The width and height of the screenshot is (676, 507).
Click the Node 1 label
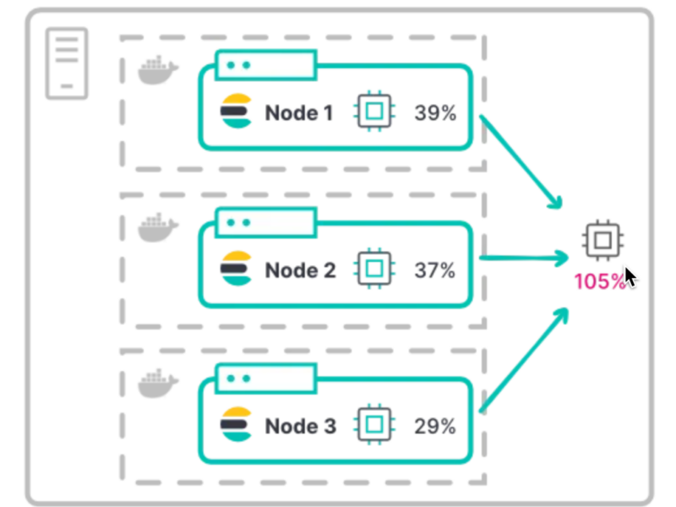click(x=299, y=112)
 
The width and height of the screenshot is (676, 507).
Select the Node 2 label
click(x=299, y=270)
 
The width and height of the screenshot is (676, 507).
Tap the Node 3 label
click(x=299, y=427)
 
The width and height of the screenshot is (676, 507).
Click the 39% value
click(x=434, y=112)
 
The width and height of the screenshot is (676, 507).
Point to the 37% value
click(x=434, y=270)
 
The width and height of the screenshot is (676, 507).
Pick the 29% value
click(x=434, y=427)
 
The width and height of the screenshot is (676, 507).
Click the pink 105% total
click(x=599, y=281)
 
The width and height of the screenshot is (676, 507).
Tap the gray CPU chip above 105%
click(x=602, y=241)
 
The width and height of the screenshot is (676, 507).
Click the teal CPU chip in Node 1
click(x=375, y=112)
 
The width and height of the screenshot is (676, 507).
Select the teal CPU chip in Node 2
click(x=375, y=270)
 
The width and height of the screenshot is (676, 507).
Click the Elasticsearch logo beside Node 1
click(x=237, y=112)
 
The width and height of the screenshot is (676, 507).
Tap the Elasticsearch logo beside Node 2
click(x=237, y=269)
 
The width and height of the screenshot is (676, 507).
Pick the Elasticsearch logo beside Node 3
click(x=237, y=426)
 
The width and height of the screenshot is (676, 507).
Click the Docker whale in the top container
click(x=158, y=70)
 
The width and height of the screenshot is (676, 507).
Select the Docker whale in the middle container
click(x=158, y=226)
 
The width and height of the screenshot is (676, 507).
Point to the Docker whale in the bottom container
click(x=158, y=383)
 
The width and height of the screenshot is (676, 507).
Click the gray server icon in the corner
click(x=67, y=63)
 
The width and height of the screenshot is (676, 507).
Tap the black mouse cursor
click(x=630, y=278)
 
